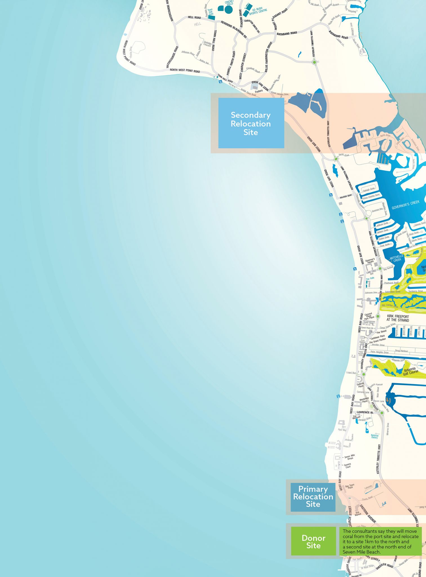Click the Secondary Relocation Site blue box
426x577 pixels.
click(x=251, y=123)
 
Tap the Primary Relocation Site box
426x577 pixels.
click(x=313, y=497)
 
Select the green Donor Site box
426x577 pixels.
click(x=313, y=542)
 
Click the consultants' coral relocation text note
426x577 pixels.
click(x=380, y=542)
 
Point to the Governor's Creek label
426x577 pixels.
click(x=405, y=205)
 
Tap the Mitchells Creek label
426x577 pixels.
click(x=396, y=258)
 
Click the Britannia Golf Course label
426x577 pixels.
click(x=410, y=371)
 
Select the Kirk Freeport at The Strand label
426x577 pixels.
click(x=398, y=318)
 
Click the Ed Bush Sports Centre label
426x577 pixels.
click(x=258, y=11)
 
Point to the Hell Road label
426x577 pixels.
click(x=194, y=17)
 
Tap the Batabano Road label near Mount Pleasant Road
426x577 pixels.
click(x=287, y=34)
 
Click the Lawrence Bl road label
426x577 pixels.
click(x=365, y=412)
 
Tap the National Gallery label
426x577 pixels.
click(x=374, y=436)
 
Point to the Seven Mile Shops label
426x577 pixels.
click(x=350, y=457)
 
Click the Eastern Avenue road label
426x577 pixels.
click(x=368, y=514)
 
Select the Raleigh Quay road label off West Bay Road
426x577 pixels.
click(x=346, y=196)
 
